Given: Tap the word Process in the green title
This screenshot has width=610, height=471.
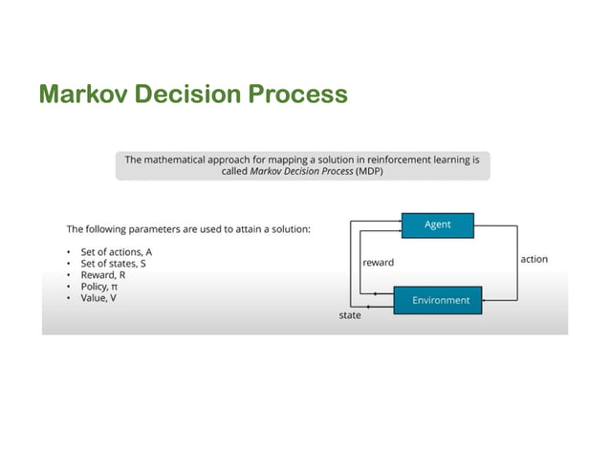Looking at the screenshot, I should [295, 95].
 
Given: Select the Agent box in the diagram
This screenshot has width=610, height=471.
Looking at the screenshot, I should [437, 225].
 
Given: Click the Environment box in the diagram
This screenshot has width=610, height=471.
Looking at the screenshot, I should [441, 300].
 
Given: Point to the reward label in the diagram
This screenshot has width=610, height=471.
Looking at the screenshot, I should [378, 262].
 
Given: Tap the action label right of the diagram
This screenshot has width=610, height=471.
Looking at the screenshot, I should [534, 259].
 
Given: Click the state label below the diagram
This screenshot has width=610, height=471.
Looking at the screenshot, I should [351, 315].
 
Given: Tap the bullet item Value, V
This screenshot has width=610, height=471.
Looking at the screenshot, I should [98, 297].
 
